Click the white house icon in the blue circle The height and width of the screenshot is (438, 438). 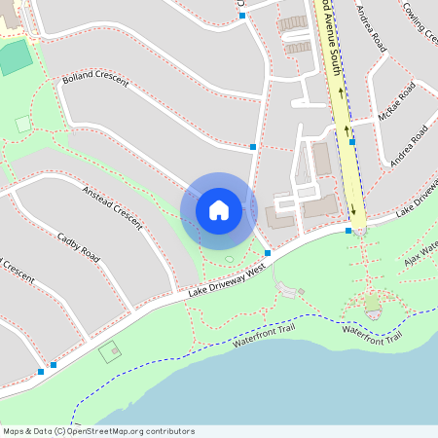click(x=219, y=209)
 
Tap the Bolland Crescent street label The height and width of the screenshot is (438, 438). click(x=95, y=79)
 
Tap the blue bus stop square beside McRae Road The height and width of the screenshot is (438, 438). click(x=352, y=142)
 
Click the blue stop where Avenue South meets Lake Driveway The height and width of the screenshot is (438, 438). click(x=348, y=231)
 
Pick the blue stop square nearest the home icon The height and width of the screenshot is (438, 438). click(x=268, y=251)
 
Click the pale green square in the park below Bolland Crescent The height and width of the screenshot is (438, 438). click(x=23, y=124)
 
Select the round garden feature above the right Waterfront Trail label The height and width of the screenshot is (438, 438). click(x=372, y=304)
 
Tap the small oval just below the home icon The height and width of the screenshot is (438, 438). click(x=229, y=259)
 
